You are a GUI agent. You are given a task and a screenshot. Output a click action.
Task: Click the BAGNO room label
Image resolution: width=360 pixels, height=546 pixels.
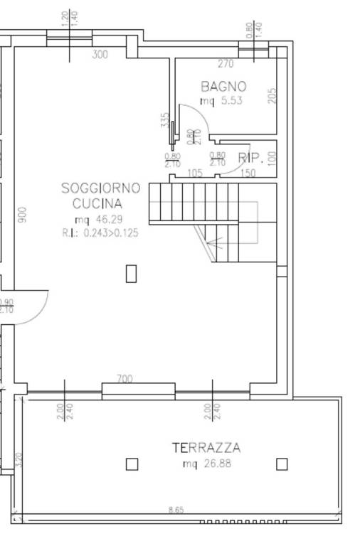[223, 87]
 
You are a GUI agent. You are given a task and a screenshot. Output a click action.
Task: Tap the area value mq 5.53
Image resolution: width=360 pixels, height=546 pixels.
[221, 101]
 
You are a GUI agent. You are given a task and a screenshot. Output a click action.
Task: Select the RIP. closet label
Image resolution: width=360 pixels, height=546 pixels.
[250, 158]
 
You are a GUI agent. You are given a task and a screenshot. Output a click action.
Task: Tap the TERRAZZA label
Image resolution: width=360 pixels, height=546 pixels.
[206, 448]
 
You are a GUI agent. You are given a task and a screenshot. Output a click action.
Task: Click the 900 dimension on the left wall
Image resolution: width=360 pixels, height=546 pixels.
[21, 214]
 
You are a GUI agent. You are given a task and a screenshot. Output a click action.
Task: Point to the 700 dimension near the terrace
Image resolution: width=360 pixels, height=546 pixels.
[125, 380]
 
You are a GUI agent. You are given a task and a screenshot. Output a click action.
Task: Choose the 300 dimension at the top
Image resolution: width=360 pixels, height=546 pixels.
[100, 55]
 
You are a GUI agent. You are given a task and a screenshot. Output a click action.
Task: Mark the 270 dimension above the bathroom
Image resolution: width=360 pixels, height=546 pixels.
[226, 63]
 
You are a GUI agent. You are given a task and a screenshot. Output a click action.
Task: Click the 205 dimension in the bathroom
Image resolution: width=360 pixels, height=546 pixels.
[272, 95]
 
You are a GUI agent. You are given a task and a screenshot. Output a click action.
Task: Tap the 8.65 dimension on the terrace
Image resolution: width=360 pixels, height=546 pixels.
[175, 510]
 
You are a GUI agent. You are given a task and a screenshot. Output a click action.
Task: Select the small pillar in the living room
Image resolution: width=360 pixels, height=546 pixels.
[131, 273]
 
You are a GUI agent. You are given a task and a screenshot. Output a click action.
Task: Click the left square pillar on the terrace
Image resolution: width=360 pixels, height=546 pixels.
[132, 464]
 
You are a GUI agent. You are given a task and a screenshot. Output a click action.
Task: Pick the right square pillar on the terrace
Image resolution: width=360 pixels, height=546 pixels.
[282, 464]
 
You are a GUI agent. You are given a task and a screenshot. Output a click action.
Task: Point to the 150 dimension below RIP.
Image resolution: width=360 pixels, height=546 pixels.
[248, 173]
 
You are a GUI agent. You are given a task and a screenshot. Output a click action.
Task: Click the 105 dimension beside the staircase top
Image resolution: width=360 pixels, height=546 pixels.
[194, 173]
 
